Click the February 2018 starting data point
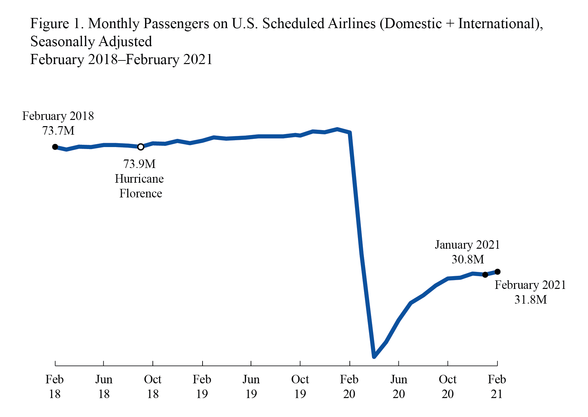pyautogui.click(x=55, y=147)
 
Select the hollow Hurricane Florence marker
pyautogui.click(x=141, y=147)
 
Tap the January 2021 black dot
pyautogui.click(x=485, y=275)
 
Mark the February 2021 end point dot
pyautogui.click(x=497, y=272)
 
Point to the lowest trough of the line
pyautogui.click(x=374, y=356)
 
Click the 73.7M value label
pyautogui.click(x=58, y=131)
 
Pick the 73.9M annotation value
pyautogui.click(x=139, y=164)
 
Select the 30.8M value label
pyautogui.click(x=468, y=259)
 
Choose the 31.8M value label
pyautogui.click(x=530, y=300)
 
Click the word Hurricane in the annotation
pyautogui.click(x=139, y=179)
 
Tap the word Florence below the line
pyautogui.click(x=141, y=193)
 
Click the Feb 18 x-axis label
pyautogui.click(x=55, y=387)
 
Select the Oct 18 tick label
pyautogui.click(x=153, y=387)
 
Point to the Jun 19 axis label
pyautogui.click(x=251, y=387)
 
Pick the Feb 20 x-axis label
pyautogui.click(x=349, y=387)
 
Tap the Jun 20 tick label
pyautogui.click(x=399, y=387)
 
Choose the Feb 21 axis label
pyautogui.click(x=497, y=387)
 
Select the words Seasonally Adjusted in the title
pyautogui.click(x=91, y=42)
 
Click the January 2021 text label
pyautogui.click(x=467, y=245)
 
